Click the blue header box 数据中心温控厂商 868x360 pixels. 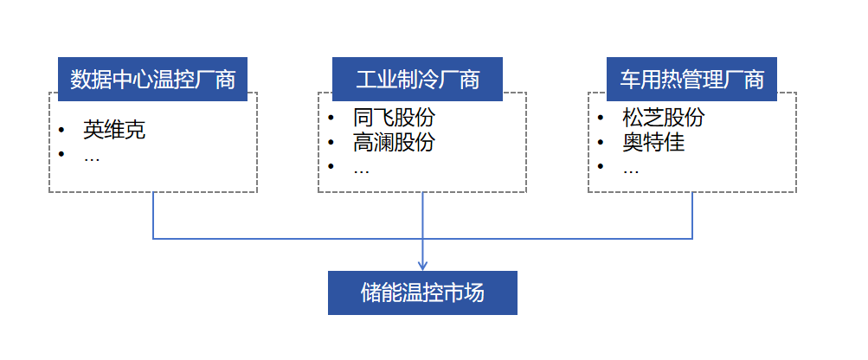[x=153, y=80]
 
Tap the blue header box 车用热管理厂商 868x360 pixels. [x=691, y=80]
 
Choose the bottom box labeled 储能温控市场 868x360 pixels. [x=422, y=292]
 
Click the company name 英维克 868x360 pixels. [x=113, y=130]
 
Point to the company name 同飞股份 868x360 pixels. [x=394, y=118]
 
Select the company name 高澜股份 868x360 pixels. [x=394, y=142]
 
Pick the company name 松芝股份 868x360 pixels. [x=663, y=118]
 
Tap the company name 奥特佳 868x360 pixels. [x=653, y=142]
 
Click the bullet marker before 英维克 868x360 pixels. [x=61, y=130]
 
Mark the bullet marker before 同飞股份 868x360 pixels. [x=331, y=118]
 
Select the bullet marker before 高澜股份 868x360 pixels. [x=331, y=142]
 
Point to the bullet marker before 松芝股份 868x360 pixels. [x=600, y=118]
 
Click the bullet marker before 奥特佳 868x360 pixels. [x=600, y=142]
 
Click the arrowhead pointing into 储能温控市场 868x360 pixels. [x=422, y=265]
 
